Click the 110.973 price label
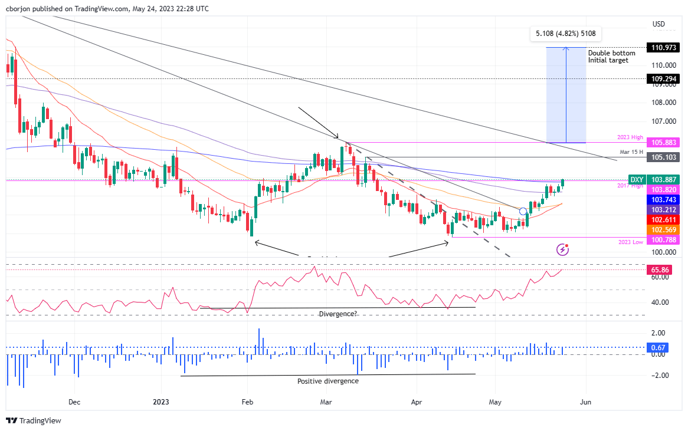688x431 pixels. click(x=664, y=47)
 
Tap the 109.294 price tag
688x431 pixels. click(x=664, y=78)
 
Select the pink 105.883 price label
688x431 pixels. click(x=664, y=142)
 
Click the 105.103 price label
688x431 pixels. click(x=664, y=157)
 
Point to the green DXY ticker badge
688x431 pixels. click(x=637, y=179)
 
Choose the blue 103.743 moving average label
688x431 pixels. click(x=664, y=199)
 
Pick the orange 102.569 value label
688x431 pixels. click(x=664, y=229)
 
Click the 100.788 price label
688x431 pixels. click(x=664, y=239)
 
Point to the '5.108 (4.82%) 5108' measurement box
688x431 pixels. click(x=565, y=34)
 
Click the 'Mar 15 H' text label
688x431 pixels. click(x=631, y=152)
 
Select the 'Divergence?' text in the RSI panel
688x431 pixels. click(x=338, y=314)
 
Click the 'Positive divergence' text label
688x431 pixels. click(x=327, y=381)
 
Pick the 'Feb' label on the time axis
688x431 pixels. click(x=247, y=402)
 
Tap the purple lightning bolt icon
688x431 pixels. click(x=562, y=249)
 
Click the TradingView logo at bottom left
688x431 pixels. click(x=34, y=420)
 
